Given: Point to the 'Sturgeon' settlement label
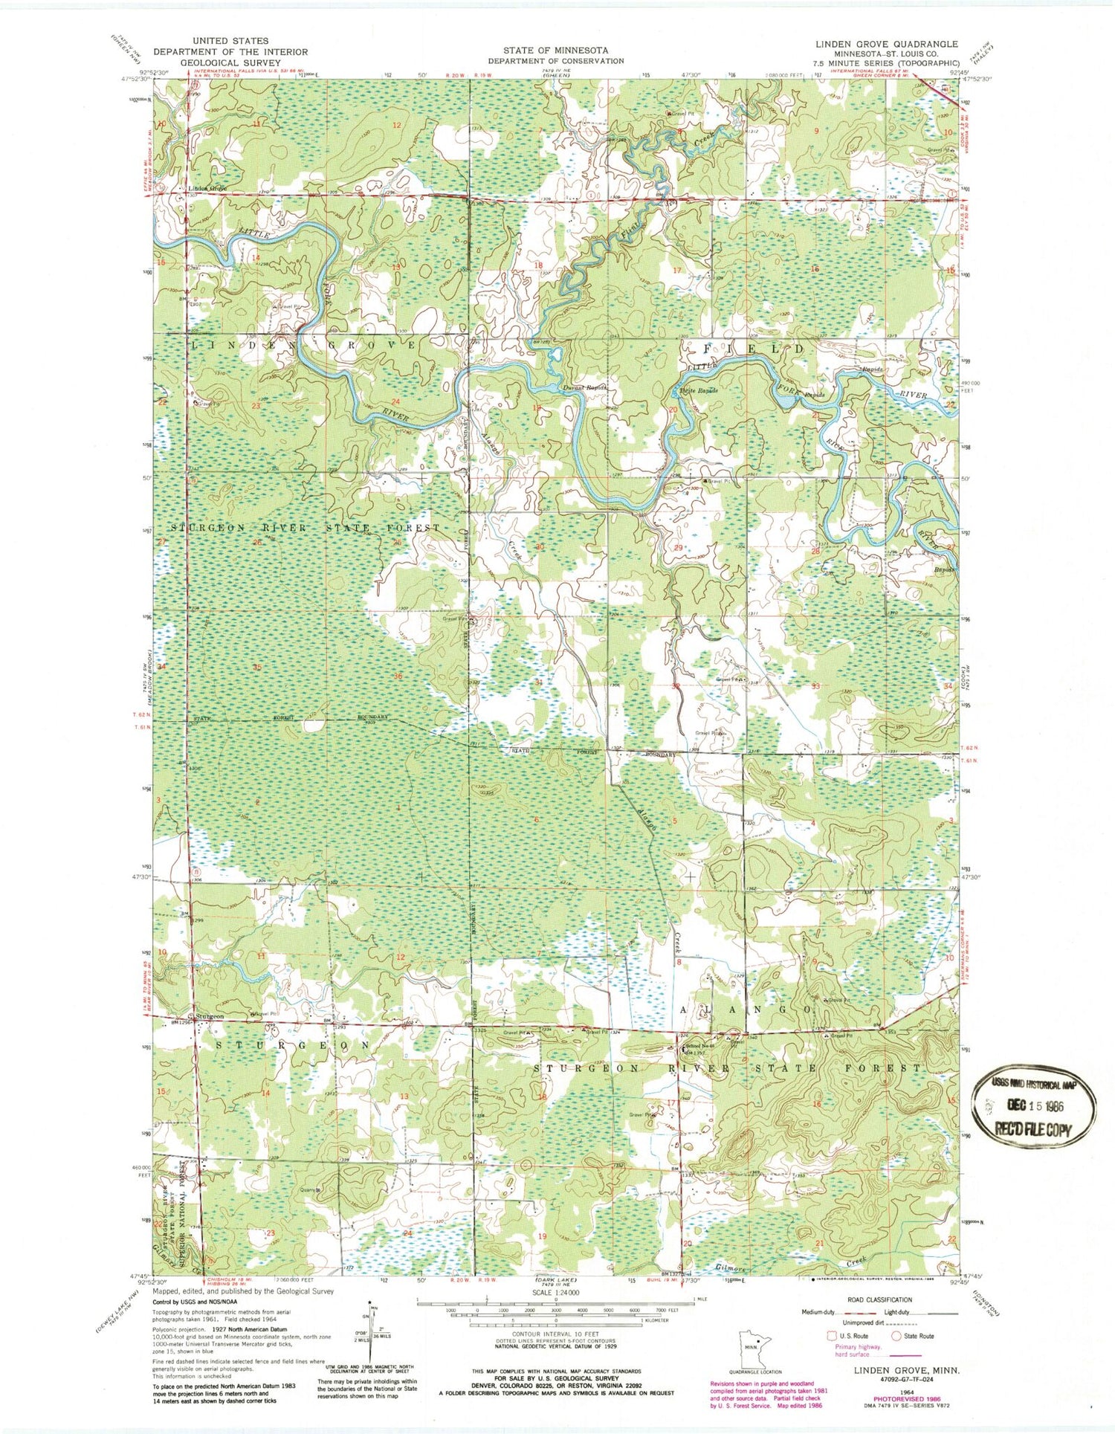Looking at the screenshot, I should (209, 1015).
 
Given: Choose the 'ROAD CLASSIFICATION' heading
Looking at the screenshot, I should (864, 1299).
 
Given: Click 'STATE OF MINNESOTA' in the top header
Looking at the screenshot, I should (555, 50).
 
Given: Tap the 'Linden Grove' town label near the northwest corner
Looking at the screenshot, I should (206, 189).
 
